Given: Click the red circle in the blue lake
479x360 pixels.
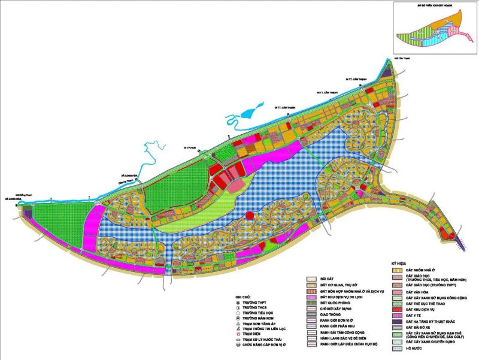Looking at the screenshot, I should tap(249, 216).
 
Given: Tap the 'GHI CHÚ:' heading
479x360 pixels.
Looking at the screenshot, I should tap(242, 297).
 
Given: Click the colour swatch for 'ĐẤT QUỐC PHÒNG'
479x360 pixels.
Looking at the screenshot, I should tap(312, 303).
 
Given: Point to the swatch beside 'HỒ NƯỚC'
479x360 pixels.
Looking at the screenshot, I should tap(397, 349).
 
